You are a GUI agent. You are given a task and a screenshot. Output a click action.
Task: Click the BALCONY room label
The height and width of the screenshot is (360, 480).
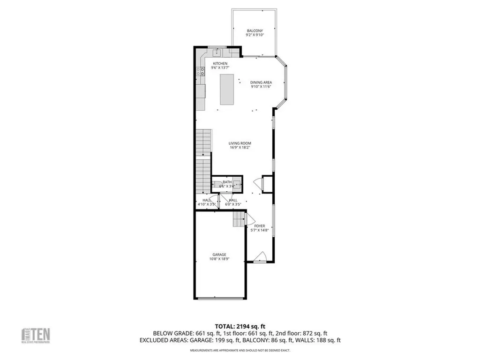255,31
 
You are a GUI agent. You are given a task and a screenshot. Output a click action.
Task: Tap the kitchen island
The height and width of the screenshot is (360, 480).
227,90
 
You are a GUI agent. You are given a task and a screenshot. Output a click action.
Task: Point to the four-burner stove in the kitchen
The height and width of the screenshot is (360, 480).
200,71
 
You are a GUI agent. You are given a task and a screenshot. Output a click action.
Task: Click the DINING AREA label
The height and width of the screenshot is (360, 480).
261,82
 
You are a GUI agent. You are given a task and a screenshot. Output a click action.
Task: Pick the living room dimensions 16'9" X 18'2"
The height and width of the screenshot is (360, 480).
240,148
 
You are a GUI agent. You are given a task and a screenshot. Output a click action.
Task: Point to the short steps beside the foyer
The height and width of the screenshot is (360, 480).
239,219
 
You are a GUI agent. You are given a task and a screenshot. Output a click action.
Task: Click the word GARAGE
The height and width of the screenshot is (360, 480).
219,255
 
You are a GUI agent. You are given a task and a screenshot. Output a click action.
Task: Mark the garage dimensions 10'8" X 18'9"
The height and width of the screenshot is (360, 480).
219,259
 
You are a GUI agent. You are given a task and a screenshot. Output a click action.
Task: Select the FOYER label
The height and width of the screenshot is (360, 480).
260,226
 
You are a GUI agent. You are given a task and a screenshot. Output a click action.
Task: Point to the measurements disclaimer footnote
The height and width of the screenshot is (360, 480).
240,351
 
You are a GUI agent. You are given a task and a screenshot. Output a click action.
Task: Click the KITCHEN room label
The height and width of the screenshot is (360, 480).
220,63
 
